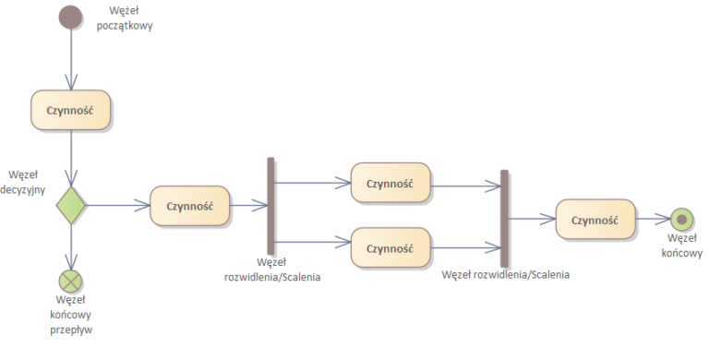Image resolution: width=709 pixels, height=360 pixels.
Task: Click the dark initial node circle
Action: tap(70, 17)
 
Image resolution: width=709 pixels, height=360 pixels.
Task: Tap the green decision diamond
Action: tap(70, 205)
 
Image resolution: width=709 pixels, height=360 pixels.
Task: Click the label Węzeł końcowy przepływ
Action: tap(70, 314)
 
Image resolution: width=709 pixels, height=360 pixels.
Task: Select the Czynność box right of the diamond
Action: tap(189, 206)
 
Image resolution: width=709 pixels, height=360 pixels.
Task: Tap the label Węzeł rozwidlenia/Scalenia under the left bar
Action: tap(270, 269)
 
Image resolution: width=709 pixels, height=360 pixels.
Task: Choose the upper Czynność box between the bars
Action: tap(390, 183)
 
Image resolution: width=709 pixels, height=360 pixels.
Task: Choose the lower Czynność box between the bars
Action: tap(390, 248)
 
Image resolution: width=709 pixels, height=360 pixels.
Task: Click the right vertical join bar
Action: tap(505, 218)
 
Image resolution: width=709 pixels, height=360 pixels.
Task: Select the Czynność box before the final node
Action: tap(595, 220)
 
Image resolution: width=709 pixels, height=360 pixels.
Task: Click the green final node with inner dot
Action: tap(682, 220)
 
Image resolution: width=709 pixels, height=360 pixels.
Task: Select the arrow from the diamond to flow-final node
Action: tap(70, 245)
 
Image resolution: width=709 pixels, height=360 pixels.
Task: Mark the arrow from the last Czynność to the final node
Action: tap(653, 220)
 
